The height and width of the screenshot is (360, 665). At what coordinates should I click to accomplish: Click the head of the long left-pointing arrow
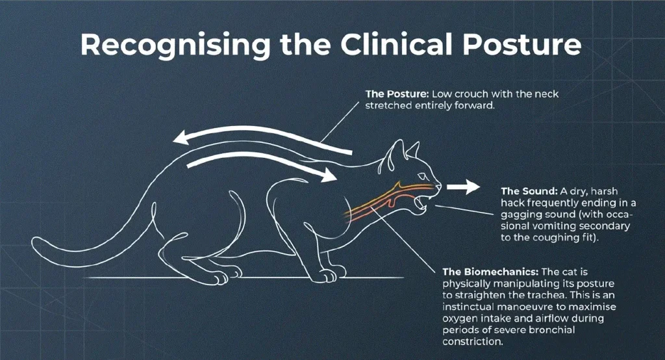[181, 137]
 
